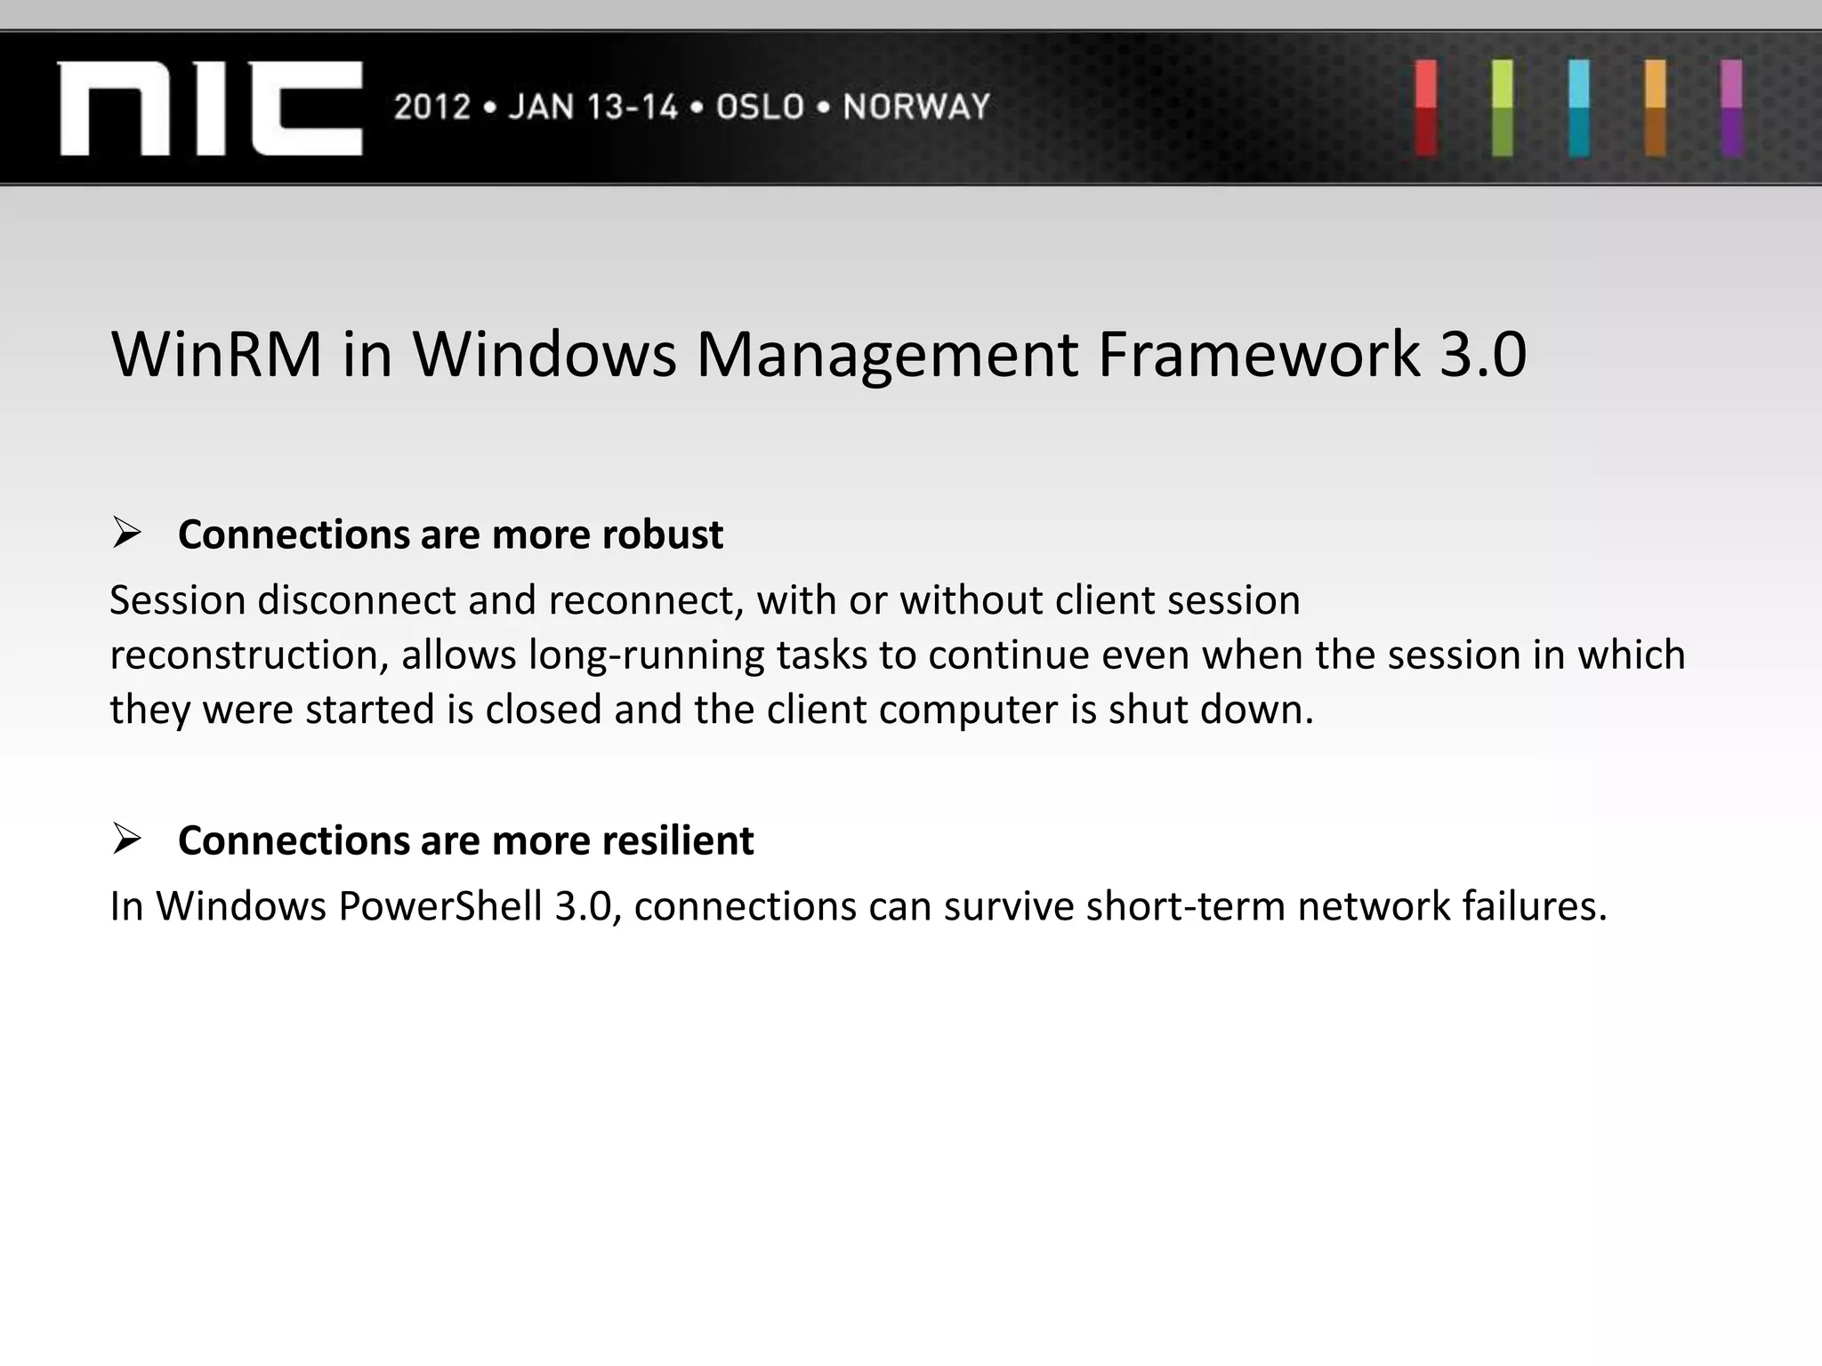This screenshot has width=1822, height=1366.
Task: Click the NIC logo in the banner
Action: point(210,108)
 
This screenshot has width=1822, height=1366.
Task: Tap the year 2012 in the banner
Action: point(432,108)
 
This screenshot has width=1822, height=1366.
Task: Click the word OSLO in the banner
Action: point(761,108)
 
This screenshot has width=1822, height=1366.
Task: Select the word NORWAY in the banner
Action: point(916,108)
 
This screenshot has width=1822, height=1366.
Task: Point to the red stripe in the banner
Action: point(1426,108)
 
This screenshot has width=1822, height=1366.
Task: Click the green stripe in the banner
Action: point(1503,108)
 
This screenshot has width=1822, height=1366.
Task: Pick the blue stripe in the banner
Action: point(1579,108)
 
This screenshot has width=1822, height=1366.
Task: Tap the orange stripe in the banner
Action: point(1656,108)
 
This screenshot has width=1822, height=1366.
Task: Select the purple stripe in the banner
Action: point(1731,108)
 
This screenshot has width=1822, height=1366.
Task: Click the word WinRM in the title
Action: point(216,355)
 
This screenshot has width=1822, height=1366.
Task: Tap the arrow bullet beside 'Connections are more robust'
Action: point(127,534)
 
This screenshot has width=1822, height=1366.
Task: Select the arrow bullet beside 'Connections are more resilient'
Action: point(127,839)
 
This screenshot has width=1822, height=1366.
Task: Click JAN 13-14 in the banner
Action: point(593,108)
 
